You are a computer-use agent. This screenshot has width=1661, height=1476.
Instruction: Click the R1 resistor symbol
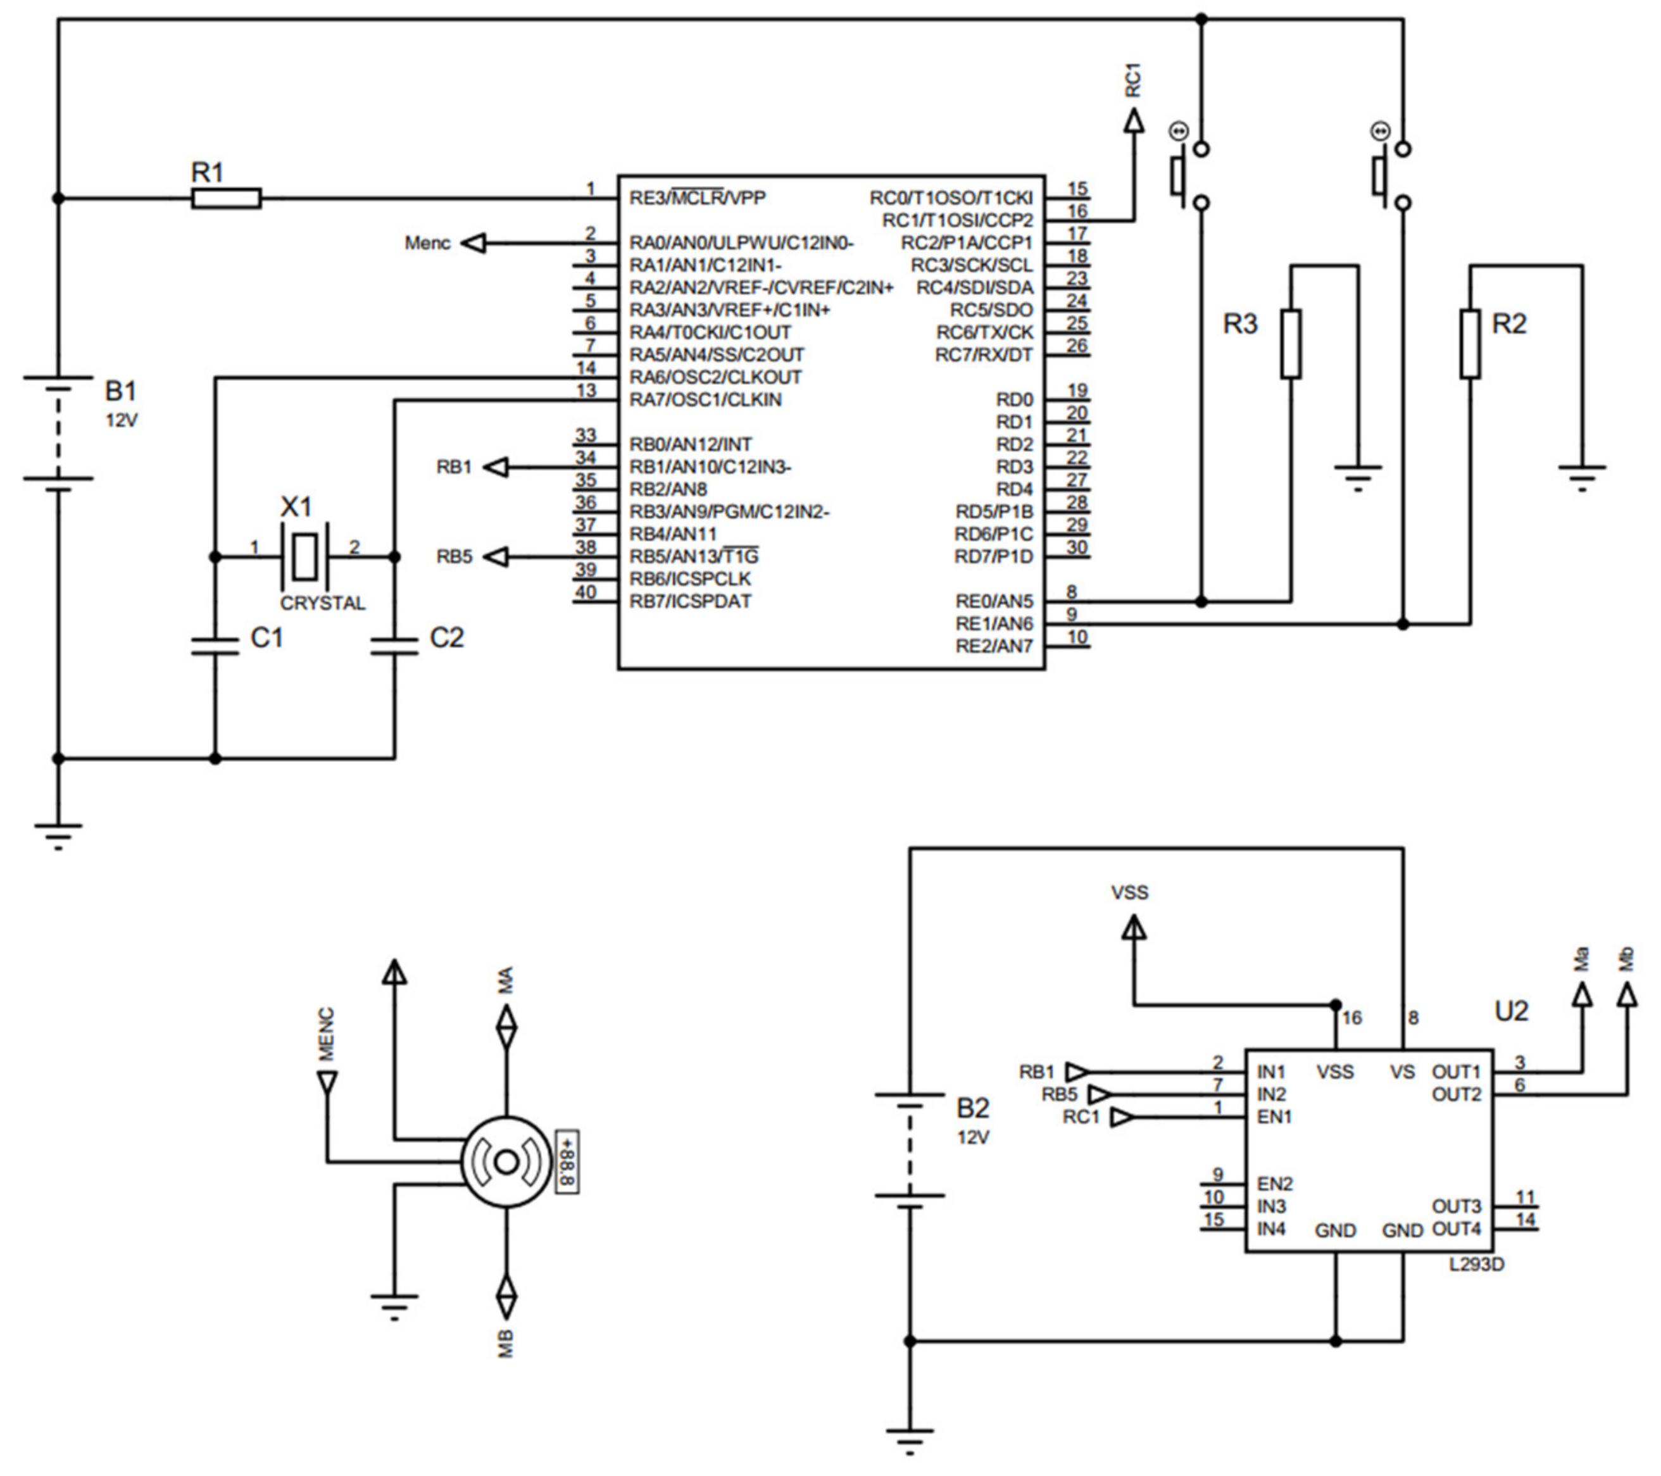(226, 198)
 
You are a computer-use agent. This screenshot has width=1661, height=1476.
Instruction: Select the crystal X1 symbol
(304, 556)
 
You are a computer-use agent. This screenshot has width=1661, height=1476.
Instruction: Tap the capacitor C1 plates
(215, 647)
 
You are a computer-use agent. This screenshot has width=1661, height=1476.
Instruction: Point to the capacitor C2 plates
(394, 647)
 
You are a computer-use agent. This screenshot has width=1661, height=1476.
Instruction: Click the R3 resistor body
(1291, 344)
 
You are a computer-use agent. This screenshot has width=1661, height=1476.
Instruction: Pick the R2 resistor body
(1470, 344)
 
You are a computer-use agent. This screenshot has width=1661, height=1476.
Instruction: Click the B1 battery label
(121, 392)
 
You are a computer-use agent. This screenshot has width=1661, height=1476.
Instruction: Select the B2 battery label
(973, 1108)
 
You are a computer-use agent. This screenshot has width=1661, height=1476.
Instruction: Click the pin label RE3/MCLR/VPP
(697, 198)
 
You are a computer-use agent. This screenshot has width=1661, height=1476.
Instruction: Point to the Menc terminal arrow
(473, 243)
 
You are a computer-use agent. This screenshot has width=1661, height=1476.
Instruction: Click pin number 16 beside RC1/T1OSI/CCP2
(1077, 211)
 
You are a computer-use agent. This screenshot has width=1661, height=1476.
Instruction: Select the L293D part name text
(1477, 1265)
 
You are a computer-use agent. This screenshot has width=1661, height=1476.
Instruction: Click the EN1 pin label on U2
(1274, 1117)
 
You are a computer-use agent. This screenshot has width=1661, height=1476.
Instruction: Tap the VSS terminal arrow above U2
(1134, 928)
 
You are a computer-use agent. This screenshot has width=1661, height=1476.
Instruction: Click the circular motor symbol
(505, 1163)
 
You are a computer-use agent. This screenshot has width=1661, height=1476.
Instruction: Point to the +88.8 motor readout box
(567, 1163)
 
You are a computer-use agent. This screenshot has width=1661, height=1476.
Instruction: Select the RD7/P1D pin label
(993, 556)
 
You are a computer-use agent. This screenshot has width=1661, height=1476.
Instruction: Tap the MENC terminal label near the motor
(327, 1035)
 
